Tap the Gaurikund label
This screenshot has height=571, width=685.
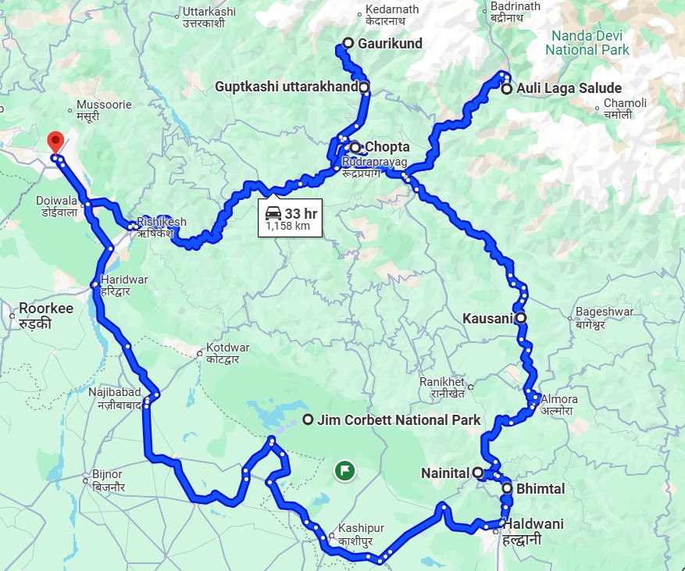[390, 44]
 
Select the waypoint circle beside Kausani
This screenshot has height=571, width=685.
[520, 318]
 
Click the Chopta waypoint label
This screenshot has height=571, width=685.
[387, 147]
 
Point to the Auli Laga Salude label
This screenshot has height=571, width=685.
[573, 89]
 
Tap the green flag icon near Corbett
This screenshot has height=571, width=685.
[344, 470]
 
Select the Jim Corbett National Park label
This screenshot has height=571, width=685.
[398, 420]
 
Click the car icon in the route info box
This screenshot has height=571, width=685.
[273, 214]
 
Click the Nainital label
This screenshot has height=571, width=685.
[444, 473]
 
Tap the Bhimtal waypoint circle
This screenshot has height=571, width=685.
[508, 489]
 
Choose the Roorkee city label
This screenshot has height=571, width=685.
[46, 309]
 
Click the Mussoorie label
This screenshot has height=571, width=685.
[98, 104]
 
